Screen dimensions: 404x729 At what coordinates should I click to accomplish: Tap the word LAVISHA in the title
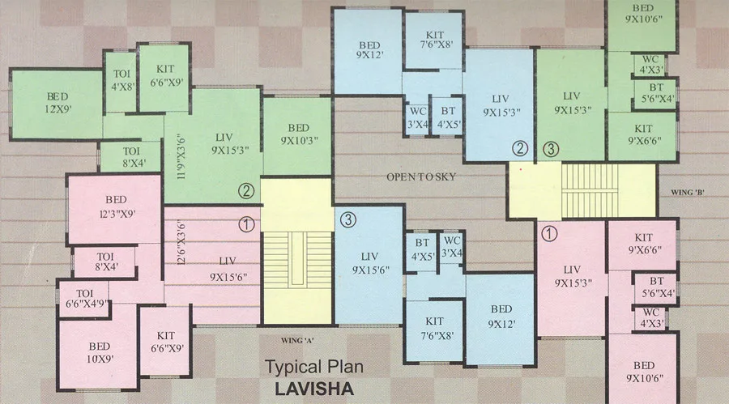pos(314,389)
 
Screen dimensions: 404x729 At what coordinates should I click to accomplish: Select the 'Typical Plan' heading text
pos(314,367)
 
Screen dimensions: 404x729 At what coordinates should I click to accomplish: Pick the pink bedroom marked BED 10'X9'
pos(97,351)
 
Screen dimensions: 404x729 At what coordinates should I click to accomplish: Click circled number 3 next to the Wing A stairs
pos(347,219)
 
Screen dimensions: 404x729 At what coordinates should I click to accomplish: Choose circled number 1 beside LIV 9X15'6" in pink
pos(247,223)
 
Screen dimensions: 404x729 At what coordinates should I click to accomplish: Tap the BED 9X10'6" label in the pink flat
pos(643,371)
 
